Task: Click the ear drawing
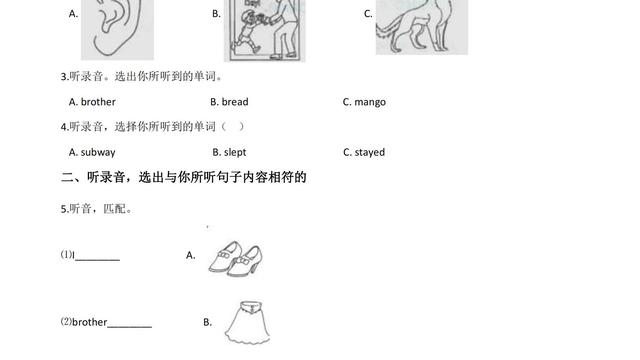pos(117,29)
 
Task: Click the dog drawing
pos(422,27)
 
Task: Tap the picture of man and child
pos(264,30)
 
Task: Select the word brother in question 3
pos(98,102)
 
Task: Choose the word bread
pos(235,102)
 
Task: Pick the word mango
pos(370,102)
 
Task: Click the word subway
pos(98,152)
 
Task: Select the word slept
pos(235,152)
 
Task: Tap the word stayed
pos(369,152)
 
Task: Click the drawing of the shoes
pos(236,258)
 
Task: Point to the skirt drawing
pos(247,322)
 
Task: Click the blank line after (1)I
pos(97,260)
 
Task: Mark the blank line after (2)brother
pos(129,327)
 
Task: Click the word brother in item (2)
pos(89,322)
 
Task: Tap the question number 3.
pos(64,77)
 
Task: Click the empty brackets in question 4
pos(233,127)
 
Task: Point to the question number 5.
pos(64,209)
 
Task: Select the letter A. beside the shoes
pos(191,256)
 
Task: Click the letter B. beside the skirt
pos(207,322)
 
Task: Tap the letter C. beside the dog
pos(368,14)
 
